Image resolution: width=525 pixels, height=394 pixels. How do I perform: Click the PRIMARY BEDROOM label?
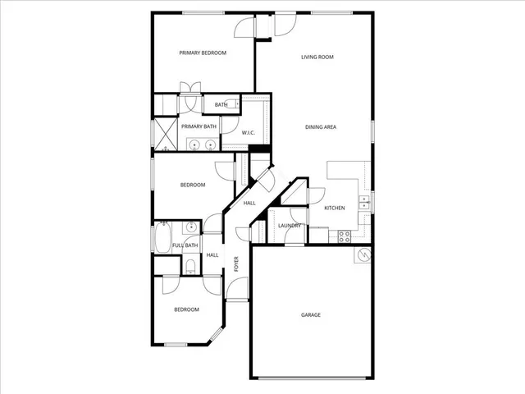point(203,53)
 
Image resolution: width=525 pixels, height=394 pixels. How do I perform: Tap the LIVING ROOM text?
point(317,57)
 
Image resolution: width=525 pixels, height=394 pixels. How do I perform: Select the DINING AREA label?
point(321,126)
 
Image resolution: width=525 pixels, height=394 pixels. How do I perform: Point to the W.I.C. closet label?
point(249,132)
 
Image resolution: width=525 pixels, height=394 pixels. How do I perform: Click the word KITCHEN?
point(334,208)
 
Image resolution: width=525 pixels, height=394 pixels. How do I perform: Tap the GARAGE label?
point(310,314)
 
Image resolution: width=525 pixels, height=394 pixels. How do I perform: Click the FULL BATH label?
point(185,245)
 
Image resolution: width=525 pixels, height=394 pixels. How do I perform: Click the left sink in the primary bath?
point(194,146)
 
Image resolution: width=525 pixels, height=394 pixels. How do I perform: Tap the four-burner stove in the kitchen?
point(345,236)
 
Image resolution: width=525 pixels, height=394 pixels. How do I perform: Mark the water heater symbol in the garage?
point(361,256)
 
